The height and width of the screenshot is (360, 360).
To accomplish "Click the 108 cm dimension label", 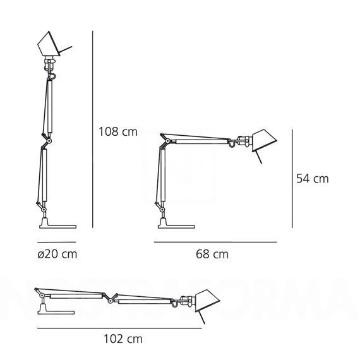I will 117,132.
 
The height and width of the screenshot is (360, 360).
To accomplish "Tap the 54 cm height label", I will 313,179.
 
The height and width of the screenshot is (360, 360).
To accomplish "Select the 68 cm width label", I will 213,255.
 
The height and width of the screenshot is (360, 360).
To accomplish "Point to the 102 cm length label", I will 123,339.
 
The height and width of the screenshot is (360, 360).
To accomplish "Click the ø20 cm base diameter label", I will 57,255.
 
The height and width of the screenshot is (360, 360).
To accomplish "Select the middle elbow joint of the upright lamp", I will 46,138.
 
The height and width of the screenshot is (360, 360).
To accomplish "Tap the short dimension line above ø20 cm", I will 56,242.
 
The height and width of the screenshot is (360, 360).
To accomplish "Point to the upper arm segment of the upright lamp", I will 46,104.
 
